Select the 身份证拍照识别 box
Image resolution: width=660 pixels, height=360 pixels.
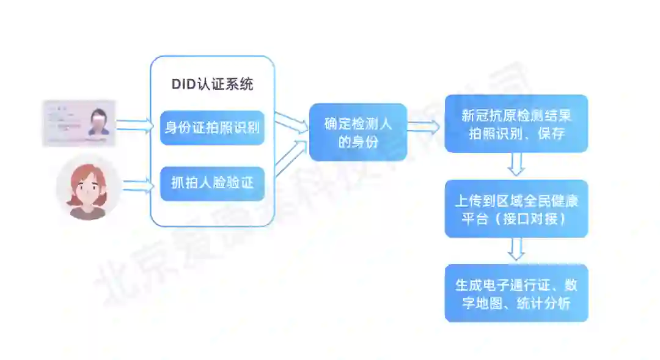[212, 128]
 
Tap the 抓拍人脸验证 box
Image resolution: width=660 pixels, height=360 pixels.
[212, 183]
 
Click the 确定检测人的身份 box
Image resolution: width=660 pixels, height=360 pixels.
[358, 133]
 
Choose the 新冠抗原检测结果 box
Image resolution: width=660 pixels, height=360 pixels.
[516, 123]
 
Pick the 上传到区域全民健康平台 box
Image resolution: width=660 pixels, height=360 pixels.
[516, 208]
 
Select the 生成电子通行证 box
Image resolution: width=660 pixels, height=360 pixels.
[516, 293]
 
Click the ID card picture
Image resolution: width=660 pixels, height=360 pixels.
[79, 123]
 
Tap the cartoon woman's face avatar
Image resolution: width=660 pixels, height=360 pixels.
[89, 188]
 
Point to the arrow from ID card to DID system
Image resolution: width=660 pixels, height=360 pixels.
[135, 125]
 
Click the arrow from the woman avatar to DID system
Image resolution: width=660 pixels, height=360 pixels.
[137, 184]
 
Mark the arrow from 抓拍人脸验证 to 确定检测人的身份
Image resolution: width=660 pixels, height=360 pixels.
[291, 158]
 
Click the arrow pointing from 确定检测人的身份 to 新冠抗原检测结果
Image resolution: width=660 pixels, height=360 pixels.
[424, 127]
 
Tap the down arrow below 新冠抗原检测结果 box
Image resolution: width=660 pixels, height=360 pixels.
[516, 164]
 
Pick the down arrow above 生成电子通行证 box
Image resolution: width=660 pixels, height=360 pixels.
[516, 249]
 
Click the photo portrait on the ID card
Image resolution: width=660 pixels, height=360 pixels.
[98, 122]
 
